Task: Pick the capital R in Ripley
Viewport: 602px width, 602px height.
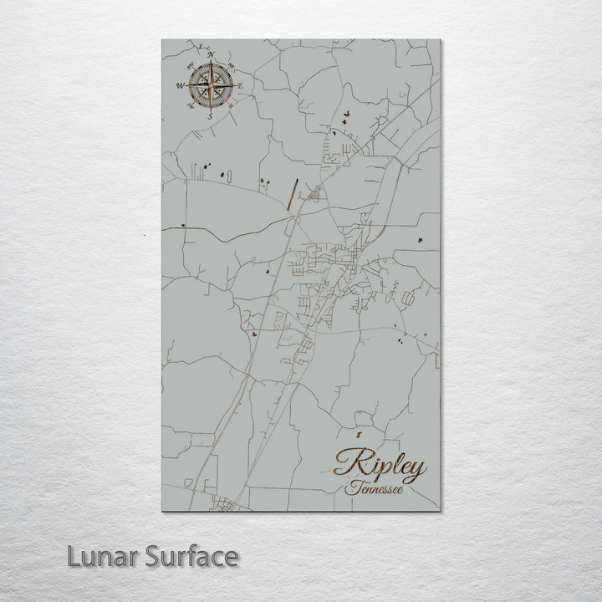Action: click(348, 462)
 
